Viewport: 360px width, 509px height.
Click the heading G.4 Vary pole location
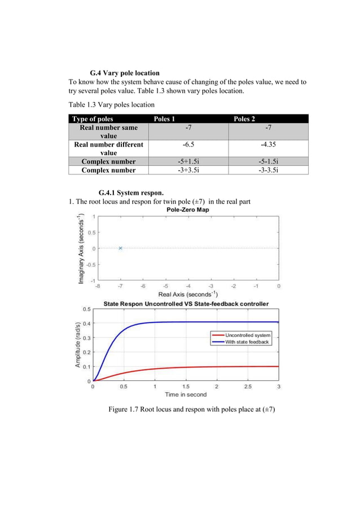(x=125, y=73)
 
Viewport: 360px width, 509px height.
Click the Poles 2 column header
(x=244, y=119)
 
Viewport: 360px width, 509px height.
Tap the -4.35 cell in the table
(x=268, y=145)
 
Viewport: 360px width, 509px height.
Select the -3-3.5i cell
(x=268, y=170)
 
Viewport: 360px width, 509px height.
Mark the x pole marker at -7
(x=120, y=248)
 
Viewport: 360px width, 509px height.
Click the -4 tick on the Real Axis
(x=188, y=286)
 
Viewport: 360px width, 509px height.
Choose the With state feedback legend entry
(x=247, y=342)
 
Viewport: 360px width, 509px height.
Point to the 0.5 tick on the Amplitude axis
(x=87, y=309)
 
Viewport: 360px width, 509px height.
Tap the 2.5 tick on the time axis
(x=248, y=387)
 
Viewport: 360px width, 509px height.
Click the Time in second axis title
(x=186, y=394)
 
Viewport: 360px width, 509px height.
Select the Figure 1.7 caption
(x=187, y=409)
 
